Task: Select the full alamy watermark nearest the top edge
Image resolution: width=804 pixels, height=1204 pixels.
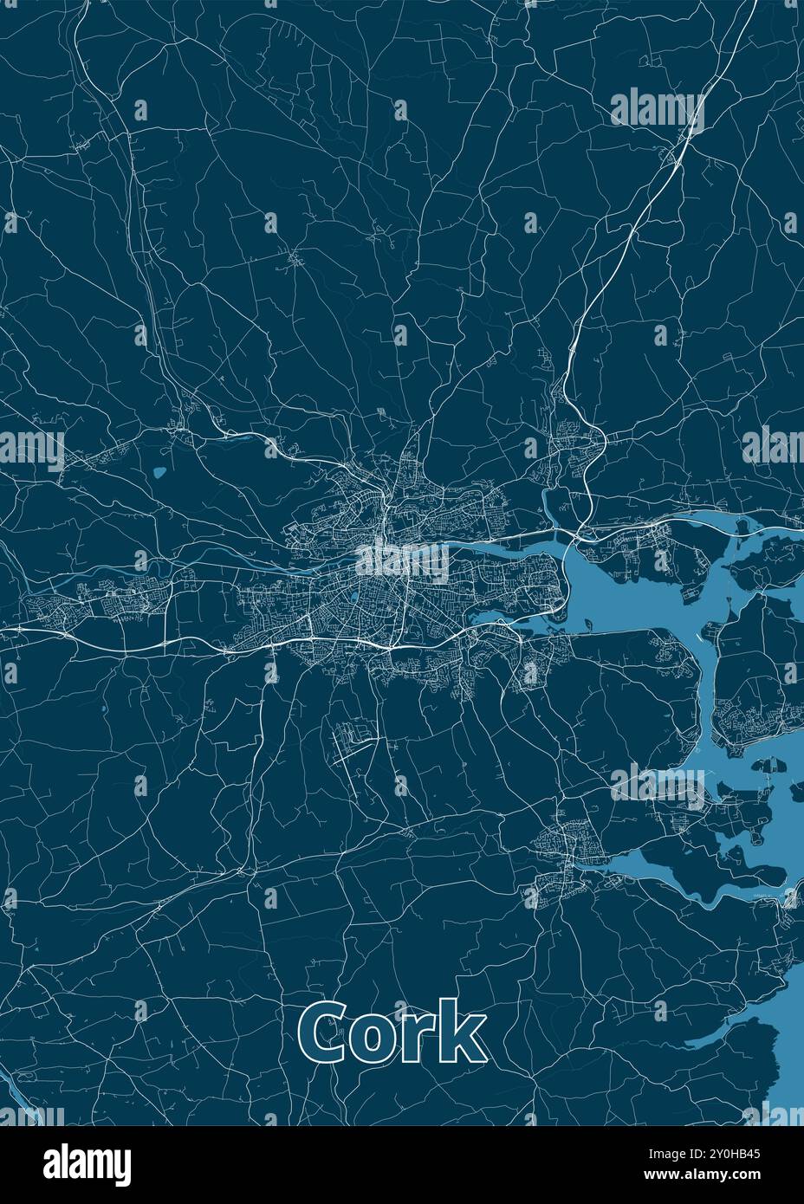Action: [x=657, y=108]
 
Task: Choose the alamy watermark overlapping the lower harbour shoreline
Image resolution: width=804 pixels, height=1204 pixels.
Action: [x=657, y=786]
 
